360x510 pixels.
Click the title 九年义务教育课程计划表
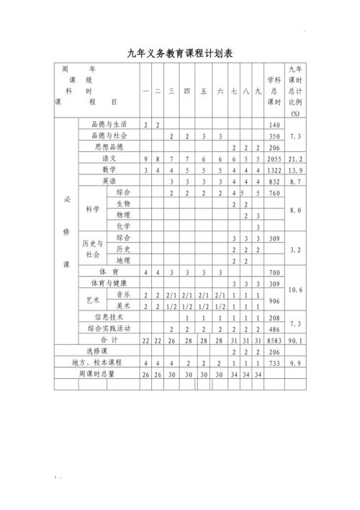pos(179,53)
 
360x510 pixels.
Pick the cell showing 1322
pos(274,169)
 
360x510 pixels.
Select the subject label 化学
pos(123,226)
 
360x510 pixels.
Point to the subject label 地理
pos(123,260)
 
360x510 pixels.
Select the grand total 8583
pos(274,339)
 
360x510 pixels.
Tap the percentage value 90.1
pos(295,339)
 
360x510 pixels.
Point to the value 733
pos(274,362)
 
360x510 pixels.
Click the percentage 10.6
pos(295,289)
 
